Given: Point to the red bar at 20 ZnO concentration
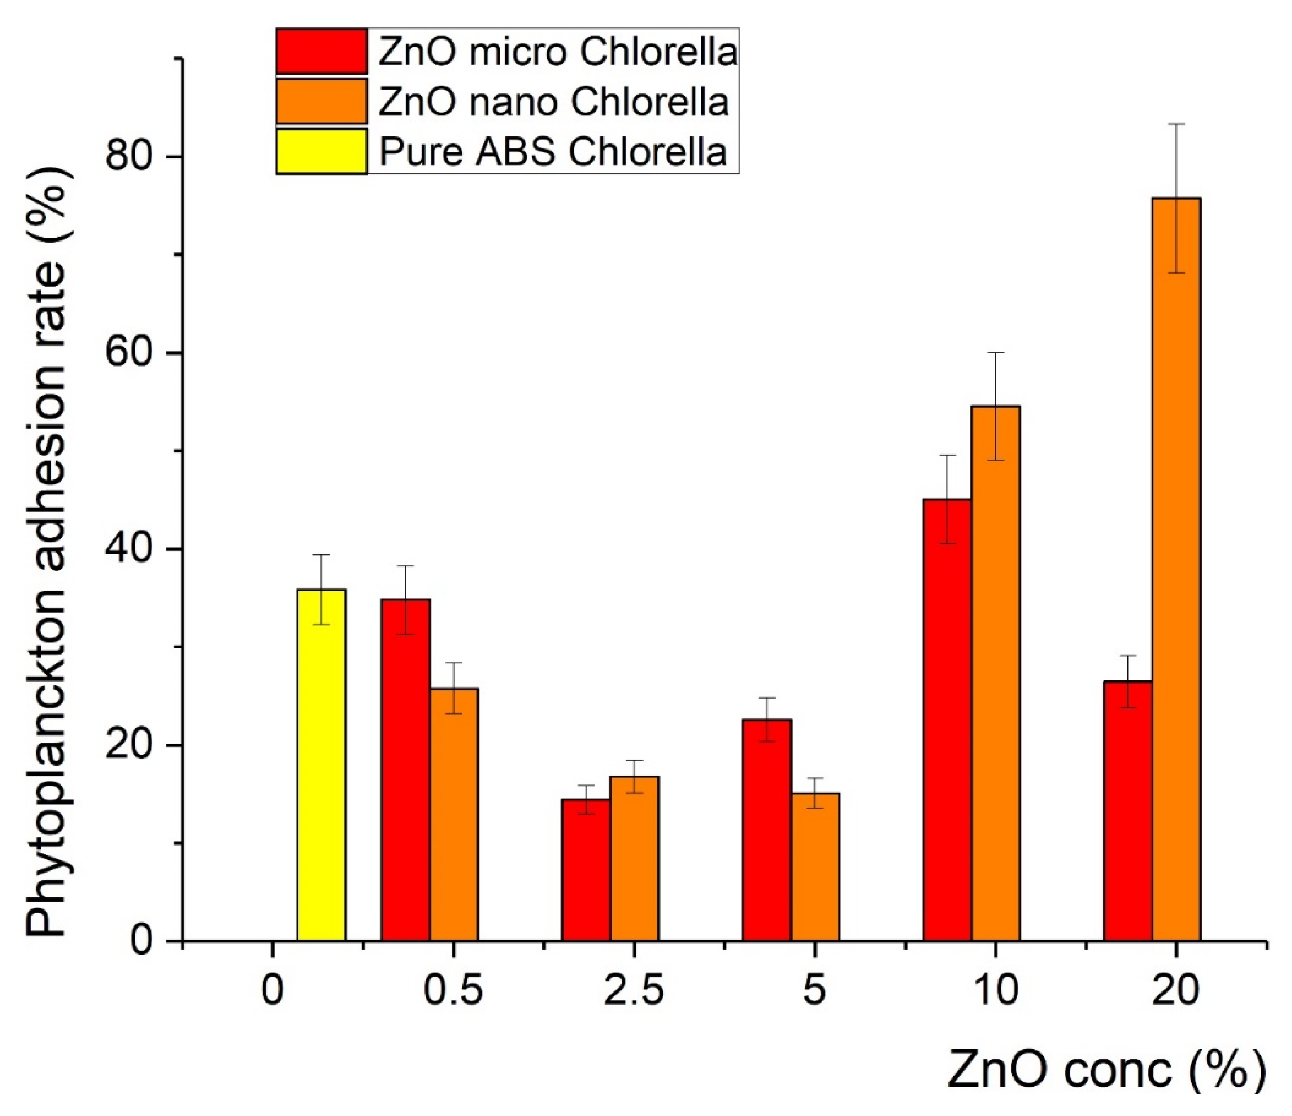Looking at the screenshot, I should pos(1127,811).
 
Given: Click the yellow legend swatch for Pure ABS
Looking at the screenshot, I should pos(321,151).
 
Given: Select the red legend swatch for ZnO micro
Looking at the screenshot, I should pos(321,51).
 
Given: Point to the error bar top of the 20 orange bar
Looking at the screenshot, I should pos(1176,124).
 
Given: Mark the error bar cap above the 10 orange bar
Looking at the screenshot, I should pos(996,353).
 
